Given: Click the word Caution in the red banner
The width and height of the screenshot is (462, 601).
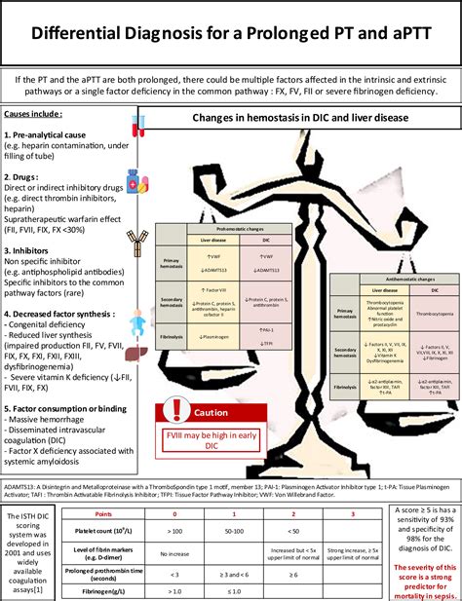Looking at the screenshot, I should click(212, 439).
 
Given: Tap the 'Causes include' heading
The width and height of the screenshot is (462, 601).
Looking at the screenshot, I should click(34, 114).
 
